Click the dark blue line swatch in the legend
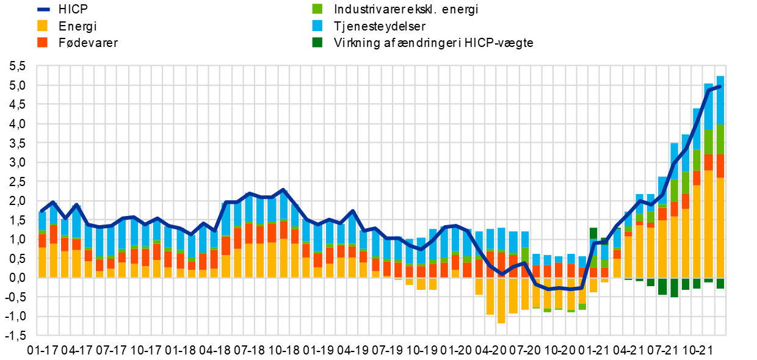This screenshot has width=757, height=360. click(43, 9)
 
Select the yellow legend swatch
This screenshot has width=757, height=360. click(42, 26)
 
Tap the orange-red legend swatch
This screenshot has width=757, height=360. click(42, 42)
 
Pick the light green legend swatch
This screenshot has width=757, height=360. click(317, 9)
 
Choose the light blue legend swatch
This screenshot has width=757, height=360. click(317, 25)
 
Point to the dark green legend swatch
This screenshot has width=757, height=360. click(317, 42)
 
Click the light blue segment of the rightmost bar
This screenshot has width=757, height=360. click(720, 101)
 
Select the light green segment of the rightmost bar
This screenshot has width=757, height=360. click(720, 139)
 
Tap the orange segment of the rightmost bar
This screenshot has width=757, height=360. click(720, 166)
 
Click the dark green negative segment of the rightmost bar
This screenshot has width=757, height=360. click(720, 283)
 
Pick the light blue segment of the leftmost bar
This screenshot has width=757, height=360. click(42, 221)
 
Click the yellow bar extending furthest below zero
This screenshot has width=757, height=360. click(501, 300)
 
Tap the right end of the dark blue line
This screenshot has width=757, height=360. click(720, 87)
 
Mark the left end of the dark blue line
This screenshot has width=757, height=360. click(41, 211)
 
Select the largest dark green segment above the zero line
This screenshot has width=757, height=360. click(593, 233)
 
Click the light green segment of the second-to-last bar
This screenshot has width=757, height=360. click(708, 142)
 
